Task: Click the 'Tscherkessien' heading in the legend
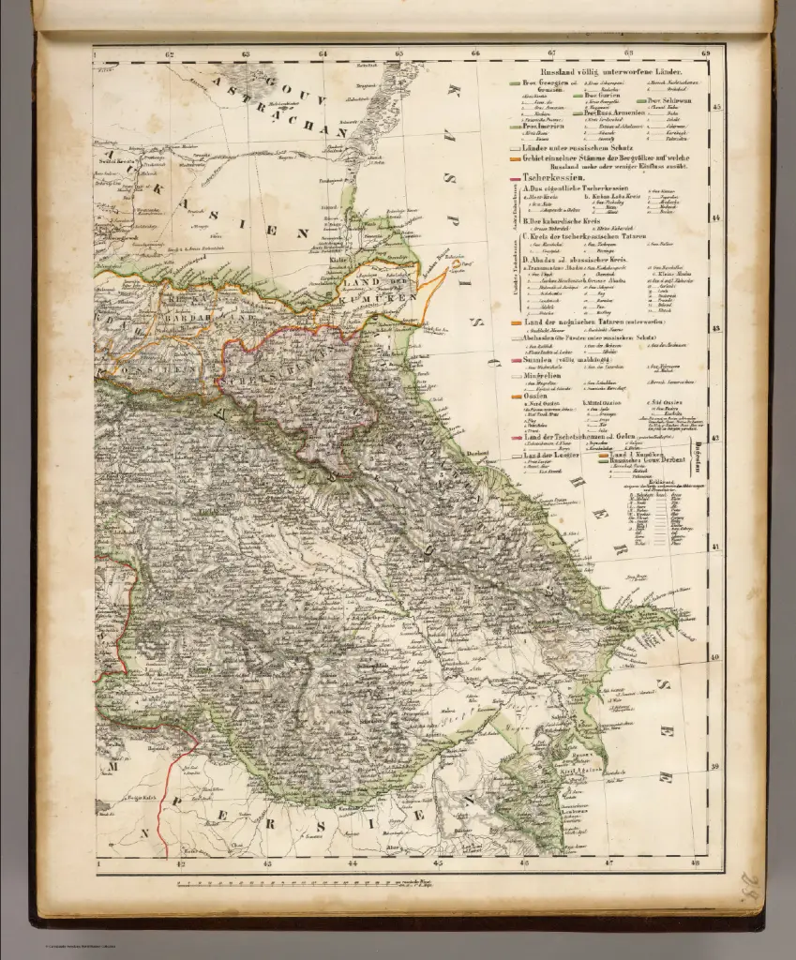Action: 557,177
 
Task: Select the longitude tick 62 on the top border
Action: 170,54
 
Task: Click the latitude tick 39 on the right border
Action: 717,767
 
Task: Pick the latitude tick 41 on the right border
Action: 717,547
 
